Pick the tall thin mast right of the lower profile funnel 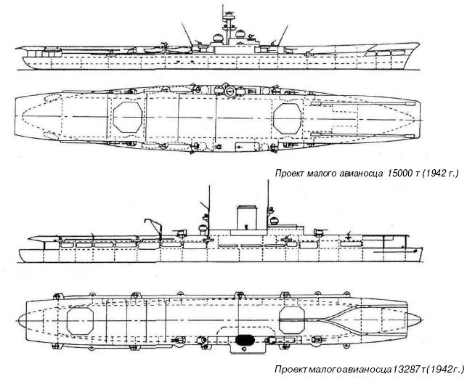pyautogui.click(x=269, y=200)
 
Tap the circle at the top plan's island pyautogui.click(x=227, y=92)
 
